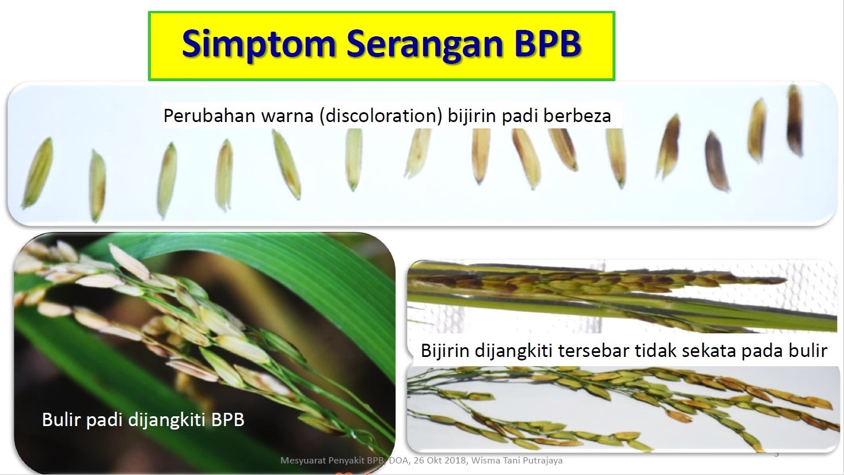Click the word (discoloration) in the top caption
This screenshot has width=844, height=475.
pyautogui.click(x=381, y=116)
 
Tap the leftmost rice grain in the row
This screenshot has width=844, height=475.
pyautogui.click(x=37, y=173)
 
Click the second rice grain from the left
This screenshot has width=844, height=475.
pyautogui.click(x=97, y=185)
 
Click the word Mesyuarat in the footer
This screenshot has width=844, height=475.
pyautogui.click(x=303, y=461)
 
